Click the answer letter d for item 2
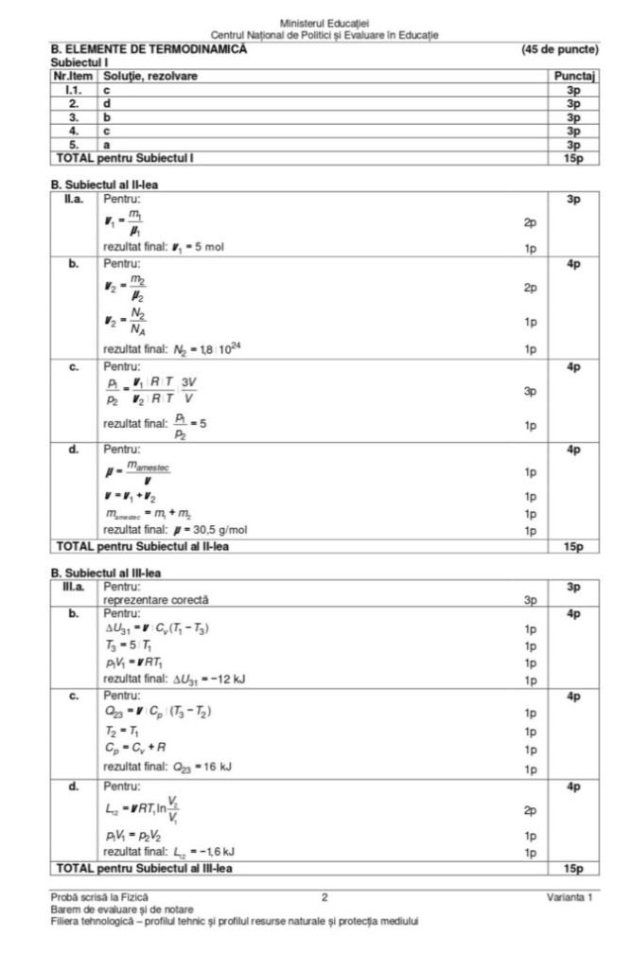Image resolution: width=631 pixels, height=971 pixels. [107, 102]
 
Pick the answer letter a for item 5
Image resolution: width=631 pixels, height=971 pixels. [107, 145]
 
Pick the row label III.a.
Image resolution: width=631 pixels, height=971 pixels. [73, 587]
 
